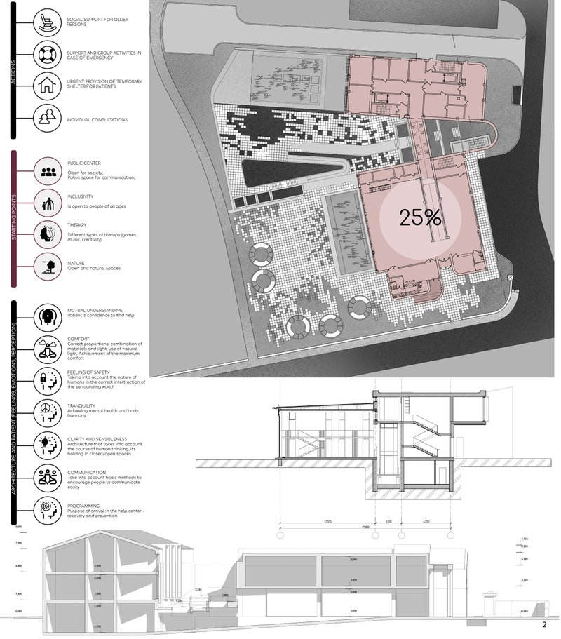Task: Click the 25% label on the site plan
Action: (x=421, y=217)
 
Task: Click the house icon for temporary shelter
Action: (x=48, y=86)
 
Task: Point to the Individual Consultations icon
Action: (x=48, y=119)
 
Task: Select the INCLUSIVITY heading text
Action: (x=81, y=196)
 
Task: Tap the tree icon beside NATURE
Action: (x=48, y=264)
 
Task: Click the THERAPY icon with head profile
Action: (x=48, y=231)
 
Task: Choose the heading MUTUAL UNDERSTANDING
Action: (x=95, y=309)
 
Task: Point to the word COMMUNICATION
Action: (x=87, y=472)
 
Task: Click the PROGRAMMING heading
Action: (x=83, y=505)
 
